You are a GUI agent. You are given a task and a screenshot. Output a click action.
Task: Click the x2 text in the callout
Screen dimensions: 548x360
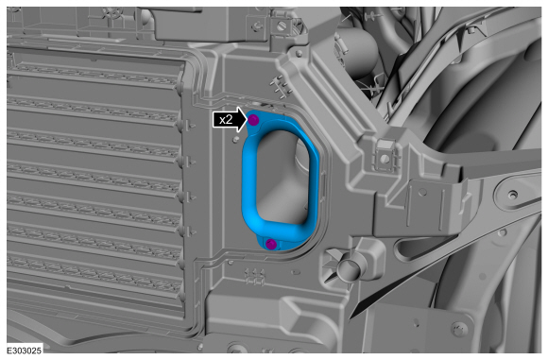point(226,120)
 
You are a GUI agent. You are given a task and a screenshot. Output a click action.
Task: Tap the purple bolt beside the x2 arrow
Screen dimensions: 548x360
point(253,120)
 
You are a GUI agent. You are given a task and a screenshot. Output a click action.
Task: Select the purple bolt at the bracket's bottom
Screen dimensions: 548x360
point(271,244)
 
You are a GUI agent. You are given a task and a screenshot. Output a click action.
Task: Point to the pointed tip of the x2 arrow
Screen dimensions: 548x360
point(248,120)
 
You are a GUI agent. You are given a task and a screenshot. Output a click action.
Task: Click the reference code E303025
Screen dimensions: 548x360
point(25,350)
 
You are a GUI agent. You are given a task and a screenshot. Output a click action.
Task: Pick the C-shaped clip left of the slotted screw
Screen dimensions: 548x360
point(258,26)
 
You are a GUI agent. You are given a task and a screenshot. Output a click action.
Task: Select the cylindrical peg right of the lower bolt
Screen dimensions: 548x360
point(348,268)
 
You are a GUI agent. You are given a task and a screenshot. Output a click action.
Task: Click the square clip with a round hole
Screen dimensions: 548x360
point(385,158)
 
